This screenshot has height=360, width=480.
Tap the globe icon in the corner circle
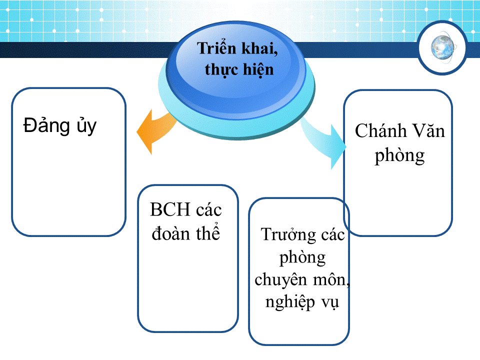442,47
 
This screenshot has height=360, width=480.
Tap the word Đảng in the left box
47,126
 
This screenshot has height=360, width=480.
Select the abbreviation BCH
170,209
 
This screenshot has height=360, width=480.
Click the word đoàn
171,233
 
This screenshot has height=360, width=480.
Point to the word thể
208,232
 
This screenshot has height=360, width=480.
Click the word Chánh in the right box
381,131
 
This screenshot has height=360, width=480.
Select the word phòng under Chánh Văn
400,156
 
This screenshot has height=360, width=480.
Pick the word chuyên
280,280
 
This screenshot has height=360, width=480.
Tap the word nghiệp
290,302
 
